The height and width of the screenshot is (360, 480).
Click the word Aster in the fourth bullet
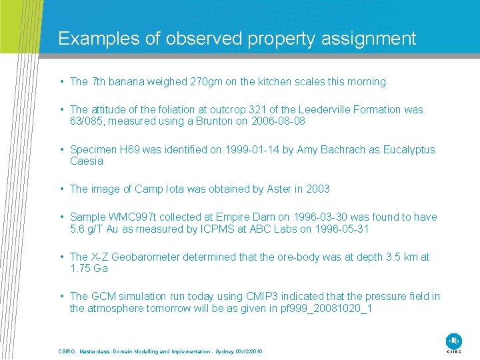click(275, 189)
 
